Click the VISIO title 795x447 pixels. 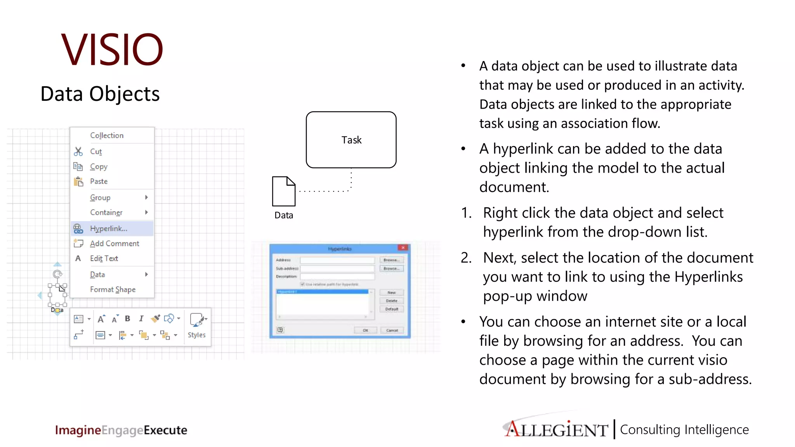click(112, 50)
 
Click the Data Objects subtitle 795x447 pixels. click(100, 94)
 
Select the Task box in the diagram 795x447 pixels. click(351, 140)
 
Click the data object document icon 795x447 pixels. click(283, 191)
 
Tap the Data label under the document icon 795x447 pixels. click(283, 215)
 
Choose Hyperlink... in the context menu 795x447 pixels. click(109, 229)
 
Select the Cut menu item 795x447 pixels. click(96, 151)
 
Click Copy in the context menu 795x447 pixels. click(99, 166)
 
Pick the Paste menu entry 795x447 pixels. click(99, 181)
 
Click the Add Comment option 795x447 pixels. click(114, 243)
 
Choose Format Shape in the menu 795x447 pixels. click(113, 289)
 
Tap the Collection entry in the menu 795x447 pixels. click(107, 135)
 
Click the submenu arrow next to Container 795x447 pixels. click(146, 212)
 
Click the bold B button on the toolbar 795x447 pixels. click(127, 319)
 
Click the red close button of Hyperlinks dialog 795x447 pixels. click(403, 248)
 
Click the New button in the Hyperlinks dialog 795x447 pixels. click(391, 293)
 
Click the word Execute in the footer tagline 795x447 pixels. click(165, 430)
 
